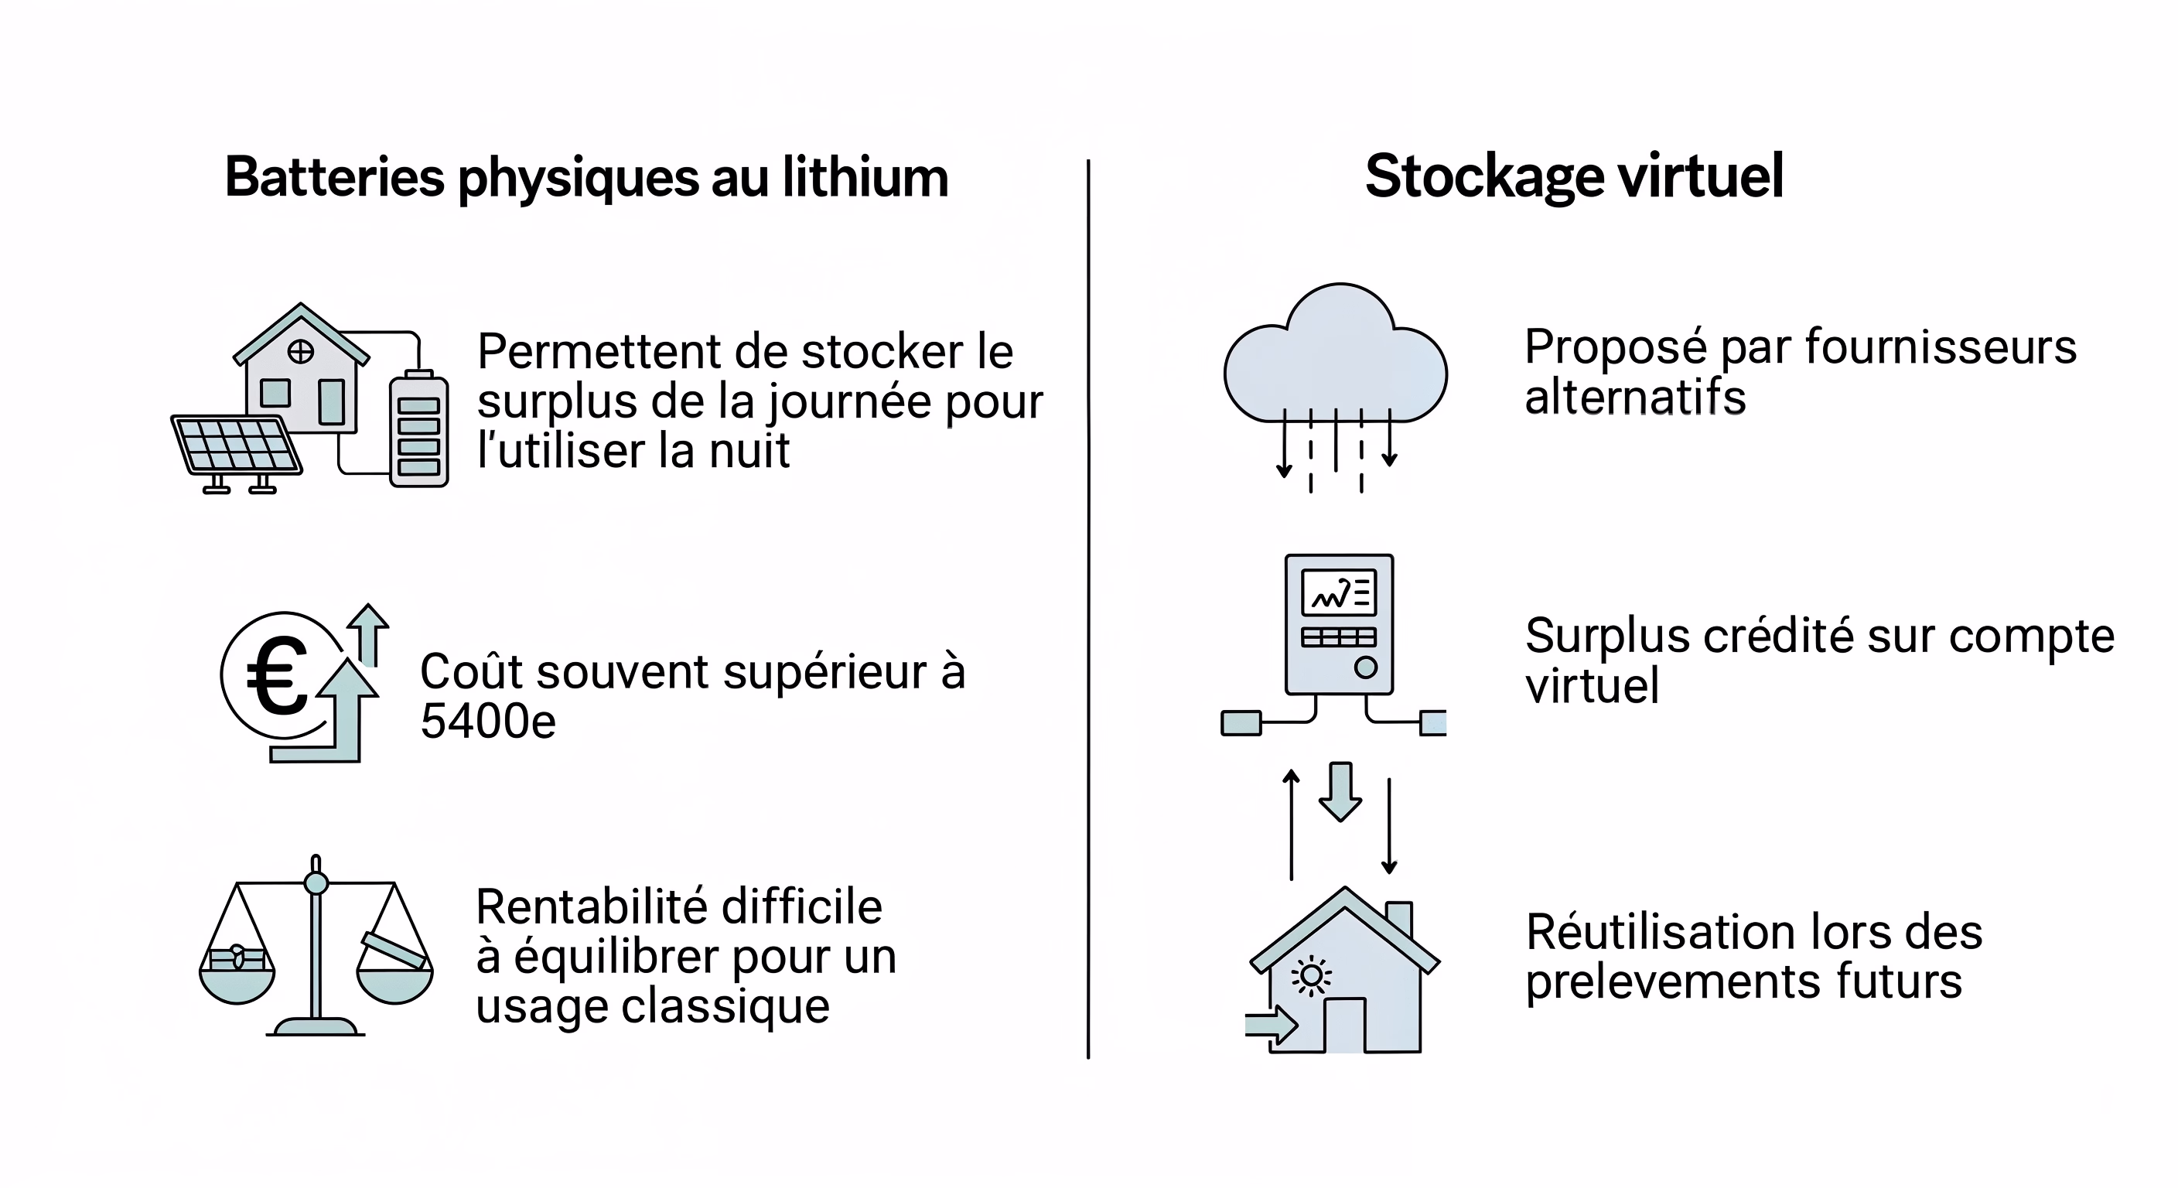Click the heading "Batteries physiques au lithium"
586,178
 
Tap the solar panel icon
236,445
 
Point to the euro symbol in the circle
278,677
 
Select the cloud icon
1335,360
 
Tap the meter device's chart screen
1338,592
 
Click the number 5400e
488,722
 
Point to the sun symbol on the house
1312,977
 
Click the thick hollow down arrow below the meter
1340,791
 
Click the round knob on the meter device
1365,667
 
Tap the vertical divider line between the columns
1088,609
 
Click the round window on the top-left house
301,351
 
